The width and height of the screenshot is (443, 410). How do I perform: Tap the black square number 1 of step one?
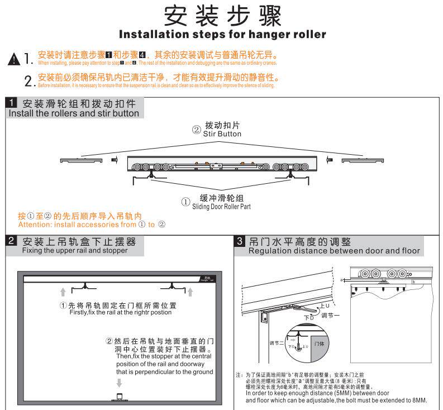pos(12,103)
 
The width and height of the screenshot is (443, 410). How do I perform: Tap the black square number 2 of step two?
pos(12,241)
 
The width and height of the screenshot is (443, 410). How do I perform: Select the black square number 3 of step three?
pos(240,241)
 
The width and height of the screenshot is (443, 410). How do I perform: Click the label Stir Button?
pos(222,134)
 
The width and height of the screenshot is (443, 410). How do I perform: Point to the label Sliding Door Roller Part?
pos(221,207)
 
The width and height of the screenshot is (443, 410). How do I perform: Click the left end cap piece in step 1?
pos(80,160)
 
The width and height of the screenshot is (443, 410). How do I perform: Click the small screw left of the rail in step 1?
pos(114,160)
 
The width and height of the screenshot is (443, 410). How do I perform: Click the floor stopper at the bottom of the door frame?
pos(119,398)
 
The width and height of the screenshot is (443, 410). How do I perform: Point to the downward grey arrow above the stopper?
pos(119,383)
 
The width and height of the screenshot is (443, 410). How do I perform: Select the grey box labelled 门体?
pos(320,344)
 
